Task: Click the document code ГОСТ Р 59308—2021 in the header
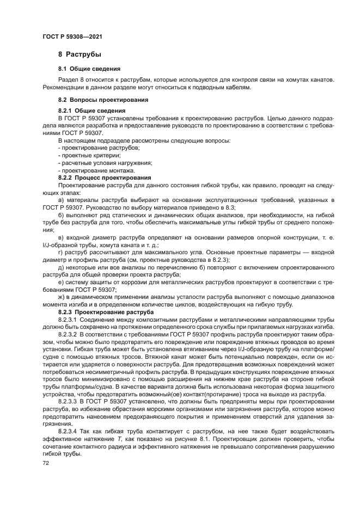tap(72, 36)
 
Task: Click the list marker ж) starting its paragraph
tap(62, 298)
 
